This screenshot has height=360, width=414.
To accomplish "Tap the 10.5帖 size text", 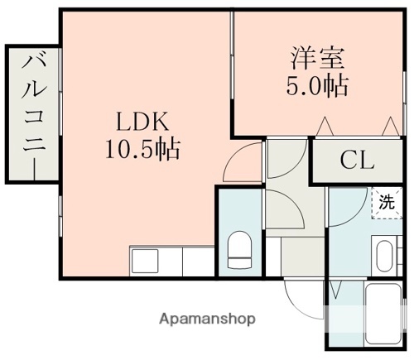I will (x=142, y=150).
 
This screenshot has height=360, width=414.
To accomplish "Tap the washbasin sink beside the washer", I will (x=384, y=256).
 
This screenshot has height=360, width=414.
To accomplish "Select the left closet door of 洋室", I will (x=325, y=127).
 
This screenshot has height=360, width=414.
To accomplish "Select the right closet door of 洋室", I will (x=388, y=127).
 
